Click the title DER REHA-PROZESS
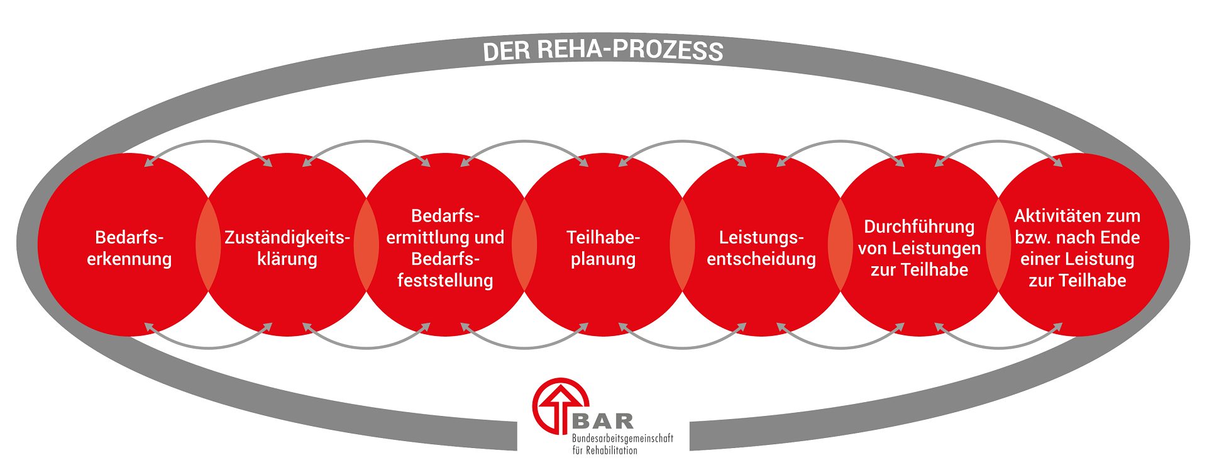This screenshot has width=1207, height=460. click(603, 50)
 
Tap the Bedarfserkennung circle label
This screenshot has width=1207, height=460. click(130, 248)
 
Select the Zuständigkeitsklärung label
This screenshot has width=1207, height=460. click(287, 248)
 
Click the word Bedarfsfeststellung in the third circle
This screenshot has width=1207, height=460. click(445, 269)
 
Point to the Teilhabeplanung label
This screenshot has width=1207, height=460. click(603, 248)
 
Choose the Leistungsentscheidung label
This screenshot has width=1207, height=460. click(761, 248)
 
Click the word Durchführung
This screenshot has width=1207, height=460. click(919, 227)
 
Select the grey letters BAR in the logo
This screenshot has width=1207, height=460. click(603, 421)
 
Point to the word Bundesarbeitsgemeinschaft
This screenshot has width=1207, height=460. click(622, 438)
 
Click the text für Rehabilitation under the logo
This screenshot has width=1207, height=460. click(605, 450)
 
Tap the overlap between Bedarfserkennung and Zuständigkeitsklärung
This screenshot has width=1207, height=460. click(208, 245)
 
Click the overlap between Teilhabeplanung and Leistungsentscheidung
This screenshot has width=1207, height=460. click(682, 245)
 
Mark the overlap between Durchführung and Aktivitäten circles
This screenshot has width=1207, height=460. click(998, 245)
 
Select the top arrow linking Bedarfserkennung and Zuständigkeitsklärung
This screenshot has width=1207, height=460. click(208, 142)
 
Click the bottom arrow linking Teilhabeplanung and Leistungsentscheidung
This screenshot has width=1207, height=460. click(682, 347)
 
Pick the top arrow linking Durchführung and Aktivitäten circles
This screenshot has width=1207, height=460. click(998, 142)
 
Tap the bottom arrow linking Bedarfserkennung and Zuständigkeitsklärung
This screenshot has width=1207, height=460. click(208, 347)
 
